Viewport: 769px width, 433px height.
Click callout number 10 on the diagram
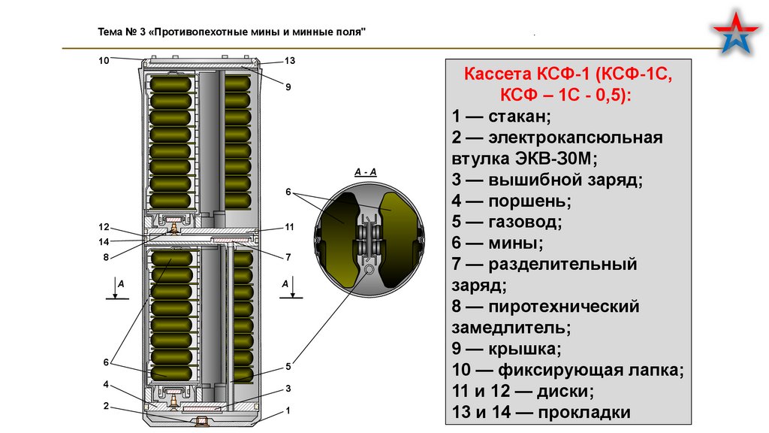104,59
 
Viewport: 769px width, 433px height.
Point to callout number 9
288,87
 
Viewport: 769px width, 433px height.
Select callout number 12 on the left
104,227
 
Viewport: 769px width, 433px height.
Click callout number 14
104,241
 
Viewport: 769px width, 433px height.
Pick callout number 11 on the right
289,227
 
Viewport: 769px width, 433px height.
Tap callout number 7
288,257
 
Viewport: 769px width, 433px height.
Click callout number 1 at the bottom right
288,411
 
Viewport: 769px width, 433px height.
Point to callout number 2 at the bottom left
106,406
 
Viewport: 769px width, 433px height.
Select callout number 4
106,385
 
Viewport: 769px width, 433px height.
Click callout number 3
288,388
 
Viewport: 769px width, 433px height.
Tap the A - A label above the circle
365,172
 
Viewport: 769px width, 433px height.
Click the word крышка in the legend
524,349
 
